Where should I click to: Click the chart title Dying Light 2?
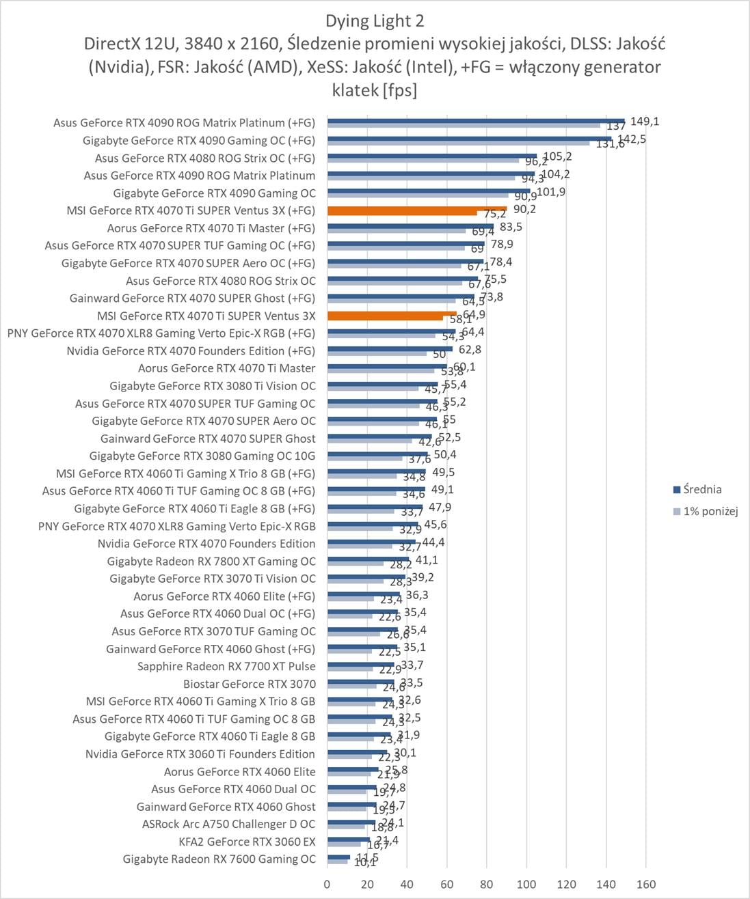coord(375,21)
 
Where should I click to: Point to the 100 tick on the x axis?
coord(526,884)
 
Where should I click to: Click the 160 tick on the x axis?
coord(646,884)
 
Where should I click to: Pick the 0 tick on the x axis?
coord(327,884)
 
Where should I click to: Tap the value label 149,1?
coord(645,122)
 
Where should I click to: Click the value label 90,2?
coord(524,209)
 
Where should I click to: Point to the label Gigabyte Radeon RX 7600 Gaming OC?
coord(219,859)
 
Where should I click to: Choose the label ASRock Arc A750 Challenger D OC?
coord(228,824)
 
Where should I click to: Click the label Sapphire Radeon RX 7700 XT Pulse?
coord(226,666)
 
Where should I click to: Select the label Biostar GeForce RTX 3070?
coord(250,684)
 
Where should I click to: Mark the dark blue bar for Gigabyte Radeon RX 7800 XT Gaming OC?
coord(368,559)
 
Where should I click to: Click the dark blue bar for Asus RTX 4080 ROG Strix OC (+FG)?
coord(432,156)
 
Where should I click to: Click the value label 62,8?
coord(470,350)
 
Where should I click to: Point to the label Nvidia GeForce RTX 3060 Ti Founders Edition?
coord(200,754)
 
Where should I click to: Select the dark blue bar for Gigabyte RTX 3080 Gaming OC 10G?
coord(377,454)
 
